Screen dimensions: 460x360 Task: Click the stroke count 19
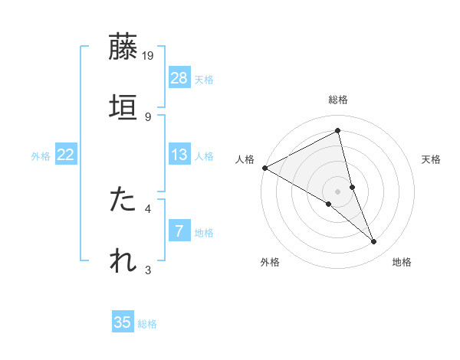point(149,55)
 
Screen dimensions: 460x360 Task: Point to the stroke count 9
point(148,116)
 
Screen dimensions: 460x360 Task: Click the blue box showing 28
point(179,78)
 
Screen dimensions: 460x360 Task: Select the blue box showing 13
point(179,155)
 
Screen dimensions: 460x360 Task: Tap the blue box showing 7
point(179,231)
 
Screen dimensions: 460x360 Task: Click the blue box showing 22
point(65,155)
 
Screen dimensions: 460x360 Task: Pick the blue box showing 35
point(123,322)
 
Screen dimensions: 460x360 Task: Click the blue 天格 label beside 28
point(204,79)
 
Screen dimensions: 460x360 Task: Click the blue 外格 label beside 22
point(41,155)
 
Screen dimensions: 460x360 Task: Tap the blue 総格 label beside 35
point(147,323)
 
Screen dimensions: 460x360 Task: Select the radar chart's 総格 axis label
point(338,100)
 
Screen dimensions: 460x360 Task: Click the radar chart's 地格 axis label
point(402,262)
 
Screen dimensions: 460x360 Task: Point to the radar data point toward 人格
point(264,168)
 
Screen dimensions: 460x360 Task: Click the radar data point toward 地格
point(374,242)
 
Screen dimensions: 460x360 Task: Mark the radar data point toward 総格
point(338,130)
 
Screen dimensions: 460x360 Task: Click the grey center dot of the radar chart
point(338,191)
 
